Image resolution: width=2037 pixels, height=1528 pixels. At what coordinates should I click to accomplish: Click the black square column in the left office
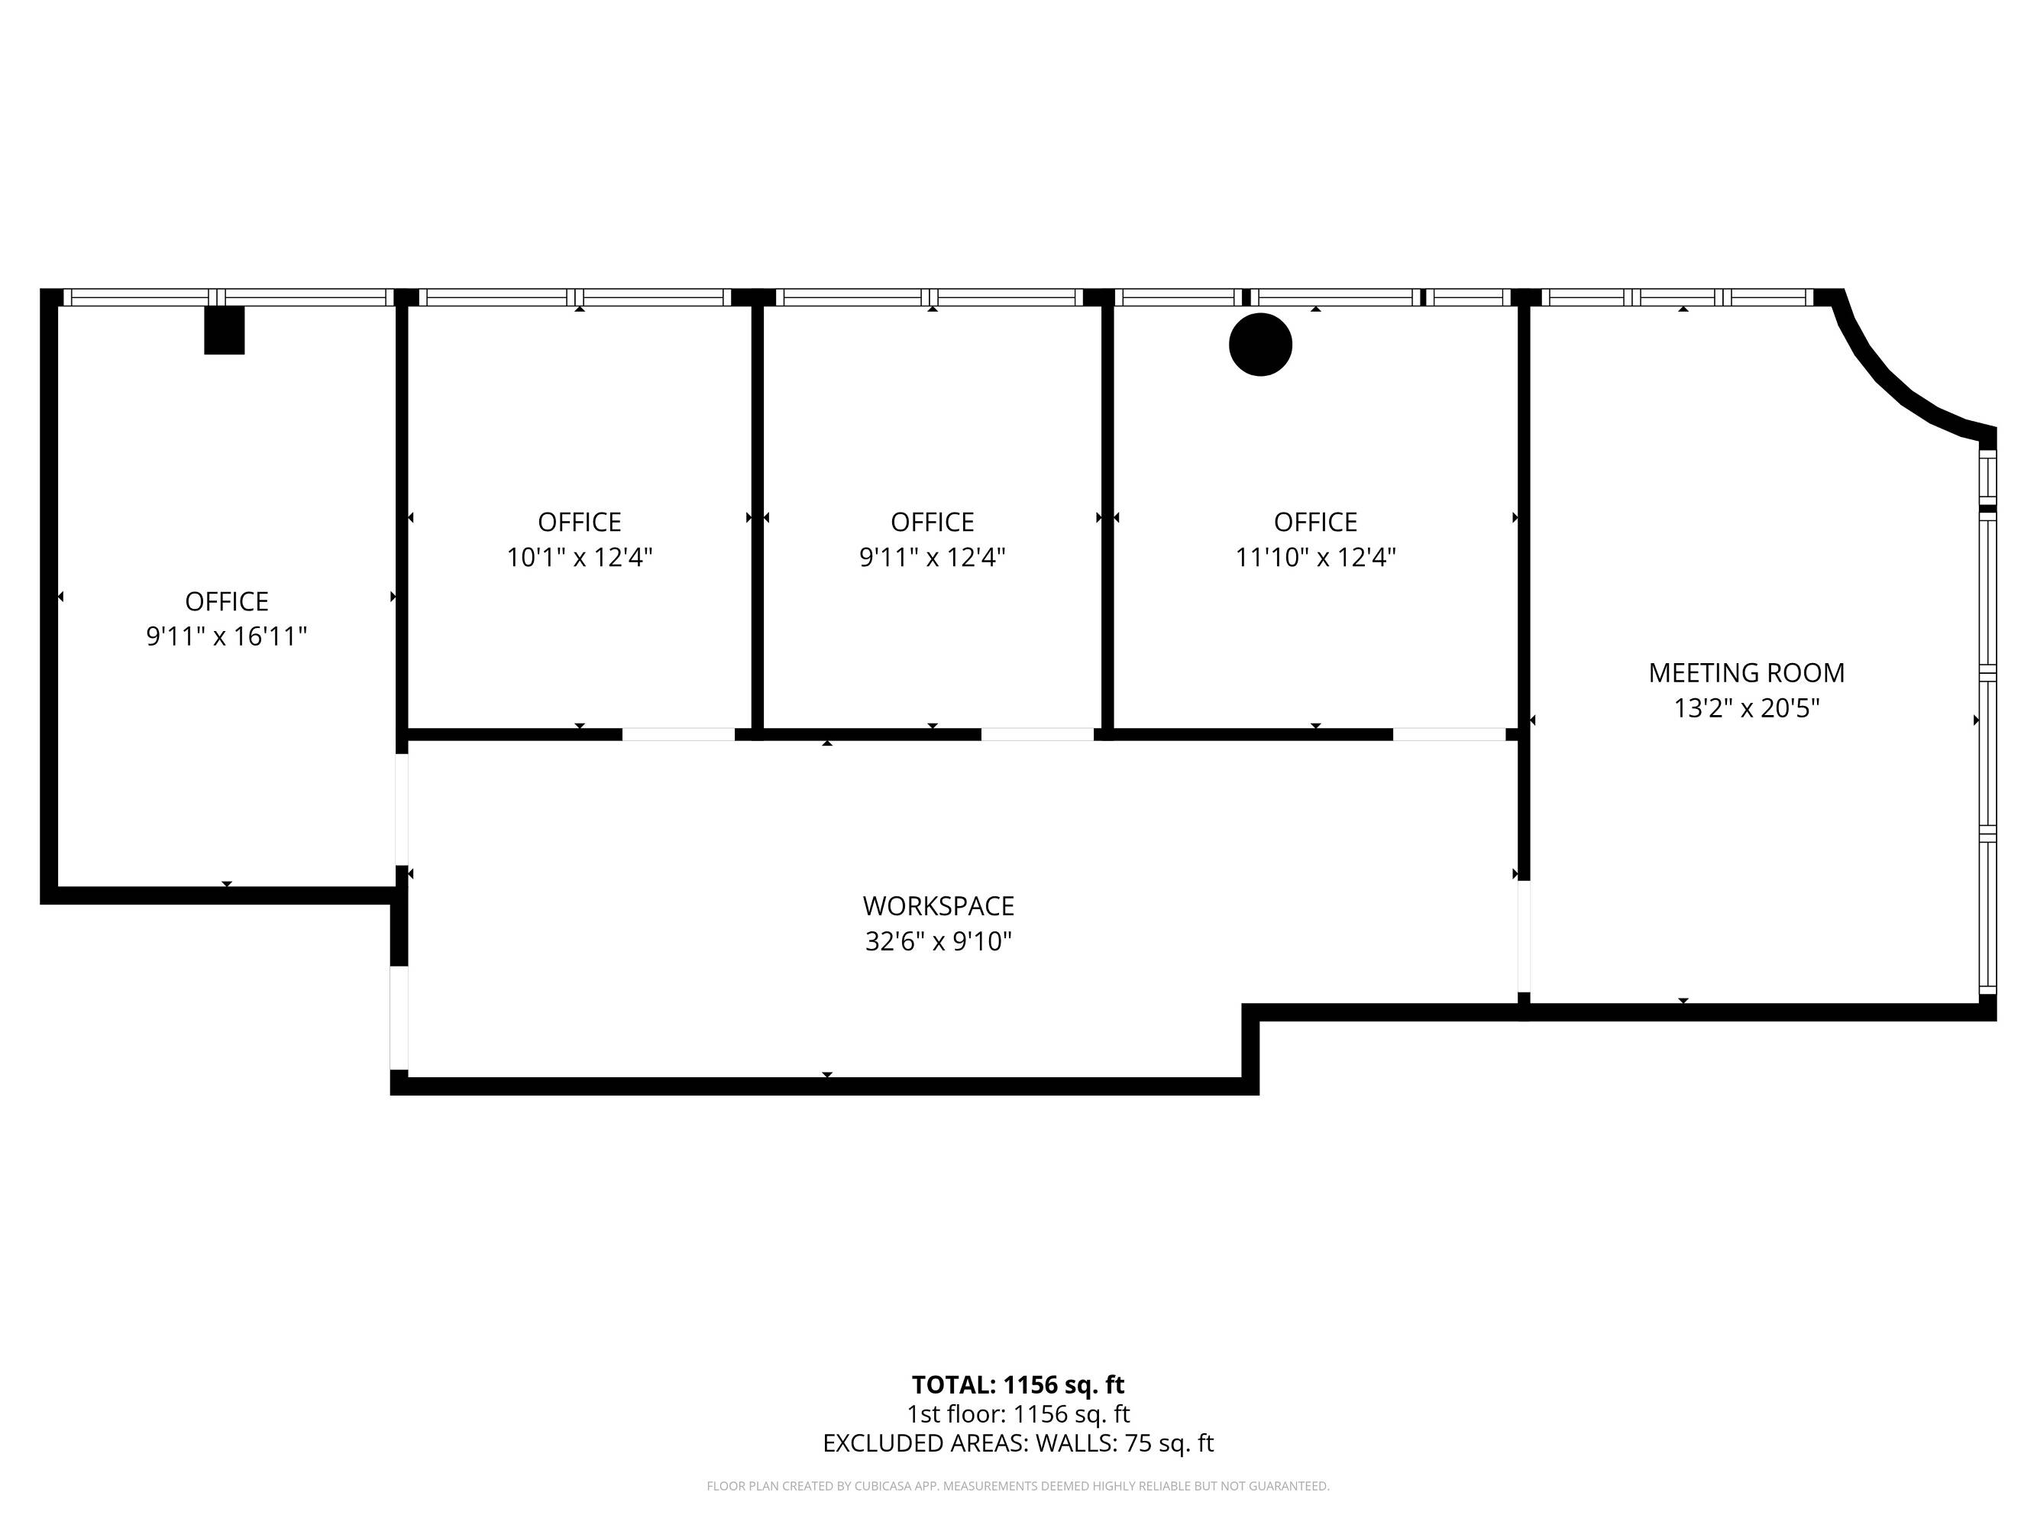tap(224, 330)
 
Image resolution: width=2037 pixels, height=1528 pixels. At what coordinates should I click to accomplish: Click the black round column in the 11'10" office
tap(1261, 345)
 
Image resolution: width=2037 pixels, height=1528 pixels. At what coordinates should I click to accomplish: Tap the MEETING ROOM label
tap(1746, 673)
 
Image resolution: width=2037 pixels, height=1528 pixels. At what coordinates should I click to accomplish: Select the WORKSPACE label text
tap(939, 906)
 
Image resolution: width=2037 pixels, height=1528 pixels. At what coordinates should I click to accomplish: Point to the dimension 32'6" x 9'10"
tap(939, 941)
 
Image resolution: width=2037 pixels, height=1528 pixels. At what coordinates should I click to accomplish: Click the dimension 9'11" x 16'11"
tap(227, 636)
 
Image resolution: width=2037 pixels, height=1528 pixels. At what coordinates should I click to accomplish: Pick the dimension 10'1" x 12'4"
tap(579, 557)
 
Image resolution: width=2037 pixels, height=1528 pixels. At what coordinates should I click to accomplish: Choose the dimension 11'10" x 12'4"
tap(1315, 557)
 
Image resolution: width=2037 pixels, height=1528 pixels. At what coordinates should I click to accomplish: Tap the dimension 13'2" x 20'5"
tap(1746, 708)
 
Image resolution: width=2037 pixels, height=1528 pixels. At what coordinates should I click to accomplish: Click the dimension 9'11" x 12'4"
tap(932, 557)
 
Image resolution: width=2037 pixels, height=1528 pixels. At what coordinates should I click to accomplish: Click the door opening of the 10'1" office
tap(679, 734)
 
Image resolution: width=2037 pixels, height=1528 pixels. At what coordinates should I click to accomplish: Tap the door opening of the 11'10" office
tap(1449, 734)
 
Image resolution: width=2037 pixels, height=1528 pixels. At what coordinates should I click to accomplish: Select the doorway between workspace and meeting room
tap(1524, 937)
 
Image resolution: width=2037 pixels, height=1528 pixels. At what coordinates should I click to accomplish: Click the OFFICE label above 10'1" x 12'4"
tap(579, 523)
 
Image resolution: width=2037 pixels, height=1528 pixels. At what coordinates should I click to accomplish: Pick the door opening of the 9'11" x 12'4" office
tap(1037, 734)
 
